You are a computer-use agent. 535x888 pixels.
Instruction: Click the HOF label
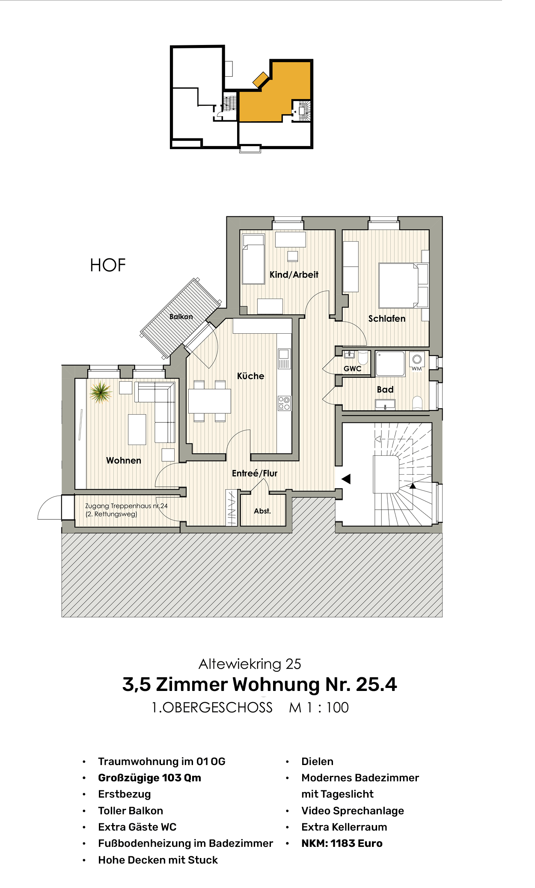pyautogui.click(x=108, y=265)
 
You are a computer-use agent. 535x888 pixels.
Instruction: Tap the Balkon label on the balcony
pyautogui.click(x=181, y=317)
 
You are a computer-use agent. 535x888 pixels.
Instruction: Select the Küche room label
pyautogui.click(x=250, y=376)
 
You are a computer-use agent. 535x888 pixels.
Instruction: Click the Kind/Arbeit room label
pyautogui.click(x=294, y=275)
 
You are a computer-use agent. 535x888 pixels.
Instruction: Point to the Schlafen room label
pyautogui.click(x=386, y=319)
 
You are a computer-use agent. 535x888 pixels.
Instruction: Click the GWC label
pyautogui.click(x=352, y=368)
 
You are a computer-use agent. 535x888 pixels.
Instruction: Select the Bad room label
pyautogui.click(x=385, y=389)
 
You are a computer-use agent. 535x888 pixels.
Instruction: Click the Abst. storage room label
pyautogui.click(x=262, y=511)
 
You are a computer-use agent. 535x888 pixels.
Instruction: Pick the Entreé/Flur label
pyautogui.click(x=255, y=473)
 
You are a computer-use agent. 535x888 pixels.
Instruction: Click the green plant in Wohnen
pyautogui.click(x=101, y=392)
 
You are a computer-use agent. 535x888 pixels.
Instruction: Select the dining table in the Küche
pyautogui.click(x=210, y=401)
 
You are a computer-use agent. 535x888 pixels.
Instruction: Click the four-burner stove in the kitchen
pyautogui.click(x=284, y=403)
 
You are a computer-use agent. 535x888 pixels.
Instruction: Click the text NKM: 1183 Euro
pyautogui.click(x=342, y=843)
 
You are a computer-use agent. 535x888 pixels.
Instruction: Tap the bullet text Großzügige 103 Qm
pyautogui.click(x=149, y=777)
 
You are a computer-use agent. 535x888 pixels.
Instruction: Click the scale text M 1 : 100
pyautogui.click(x=319, y=708)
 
